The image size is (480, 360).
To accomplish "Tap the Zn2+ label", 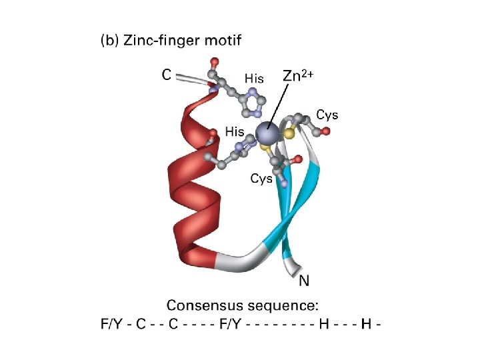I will point(298,75).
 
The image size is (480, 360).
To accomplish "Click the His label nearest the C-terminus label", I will point(254,79).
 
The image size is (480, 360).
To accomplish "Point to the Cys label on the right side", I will point(327,115).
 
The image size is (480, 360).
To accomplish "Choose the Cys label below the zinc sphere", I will point(261,179).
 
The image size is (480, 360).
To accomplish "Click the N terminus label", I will point(304,281).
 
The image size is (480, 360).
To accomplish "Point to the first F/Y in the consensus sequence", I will point(110,325).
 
